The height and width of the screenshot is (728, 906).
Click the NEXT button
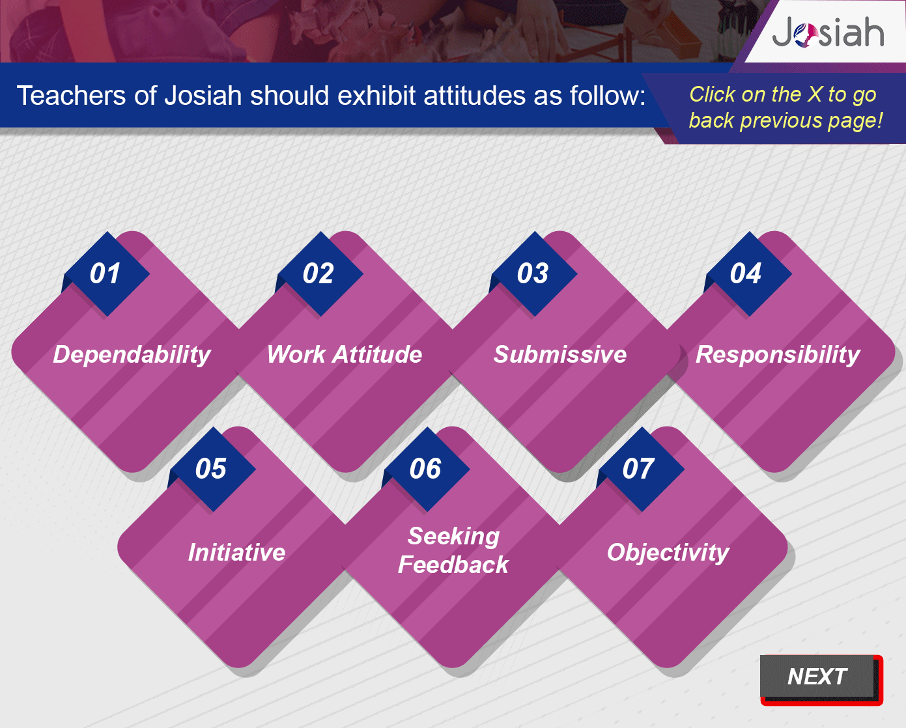[x=821, y=679]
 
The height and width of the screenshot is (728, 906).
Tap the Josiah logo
[x=828, y=33]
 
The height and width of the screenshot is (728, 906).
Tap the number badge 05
[x=211, y=469]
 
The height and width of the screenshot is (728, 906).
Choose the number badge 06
[x=425, y=469]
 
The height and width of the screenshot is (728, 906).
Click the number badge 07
[x=640, y=469]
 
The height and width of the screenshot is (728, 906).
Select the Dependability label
[x=132, y=355]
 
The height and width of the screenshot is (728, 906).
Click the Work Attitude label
[x=345, y=354]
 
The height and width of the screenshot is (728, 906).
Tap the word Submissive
[x=560, y=354]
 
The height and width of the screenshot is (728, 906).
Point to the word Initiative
[x=236, y=552]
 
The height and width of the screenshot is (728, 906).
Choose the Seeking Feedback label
[x=453, y=550]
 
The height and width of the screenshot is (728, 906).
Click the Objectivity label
[x=668, y=553]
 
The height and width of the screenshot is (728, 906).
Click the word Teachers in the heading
[x=71, y=96]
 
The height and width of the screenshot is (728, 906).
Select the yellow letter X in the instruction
[x=815, y=94]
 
